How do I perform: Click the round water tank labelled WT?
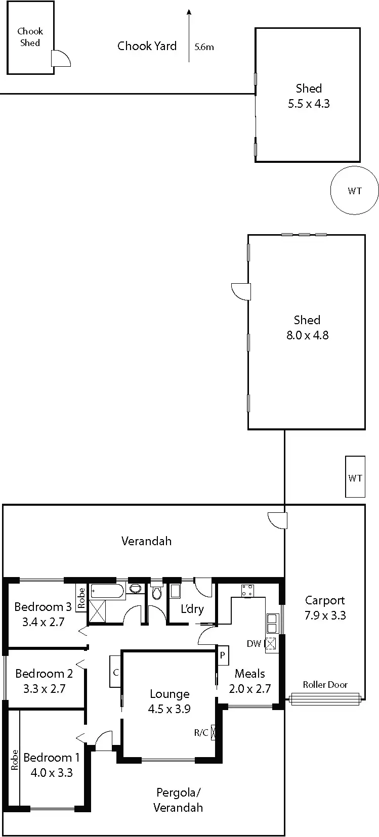click(x=354, y=191)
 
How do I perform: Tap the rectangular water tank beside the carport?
click(x=355, y=477)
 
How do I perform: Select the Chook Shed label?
click(x=30, y=37)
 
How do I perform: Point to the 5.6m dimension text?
click(x=204, y=47)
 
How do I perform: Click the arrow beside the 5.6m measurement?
click(x=189, y=35)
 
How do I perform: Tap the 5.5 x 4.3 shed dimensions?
click(x=309, y=104)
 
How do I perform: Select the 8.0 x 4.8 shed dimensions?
click(x=307, y=335)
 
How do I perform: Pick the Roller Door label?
click(x=325, y=685)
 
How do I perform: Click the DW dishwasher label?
click(x=254, y=643)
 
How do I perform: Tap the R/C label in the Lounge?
click(x=201, y=732)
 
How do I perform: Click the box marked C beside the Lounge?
click(x=115, y=672)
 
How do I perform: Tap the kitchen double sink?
click(x=272, y=623)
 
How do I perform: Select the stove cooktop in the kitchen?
click(x=247, y=590)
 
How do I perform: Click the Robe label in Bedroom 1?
click(x=14, y=760)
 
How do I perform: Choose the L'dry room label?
click(x=192, y=608)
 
